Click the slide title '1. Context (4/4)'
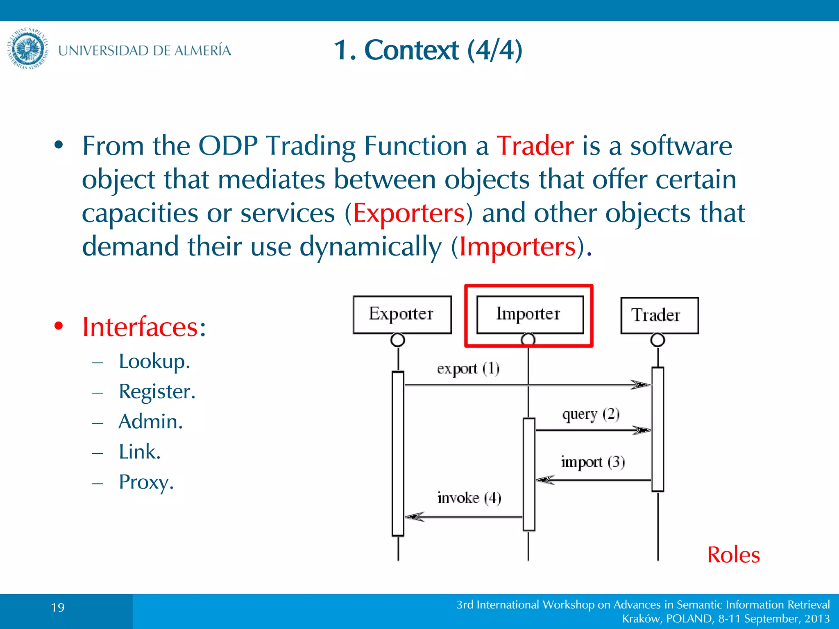tap(428, 50)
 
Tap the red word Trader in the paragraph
tap(535, 146)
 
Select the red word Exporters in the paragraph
tap(409, 213)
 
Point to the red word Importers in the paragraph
tap(518, 247)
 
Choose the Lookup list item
tap(154, 361)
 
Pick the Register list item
tap(157, 391)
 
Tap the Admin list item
tap(150, 421)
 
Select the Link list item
tap(139, 452)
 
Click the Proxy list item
tap(146, 482)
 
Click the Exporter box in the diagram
tap(402, 314)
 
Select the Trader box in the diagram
tap(659, 315)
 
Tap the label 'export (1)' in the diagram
tap(468, 369)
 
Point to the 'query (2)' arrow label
tap(591, 414)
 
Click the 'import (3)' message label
tap(592, 462)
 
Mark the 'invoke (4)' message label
tap(469, 498)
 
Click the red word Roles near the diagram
tap(733, 555)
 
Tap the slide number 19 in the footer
tap(58, 607)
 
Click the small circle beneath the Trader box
tap(658, 339)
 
